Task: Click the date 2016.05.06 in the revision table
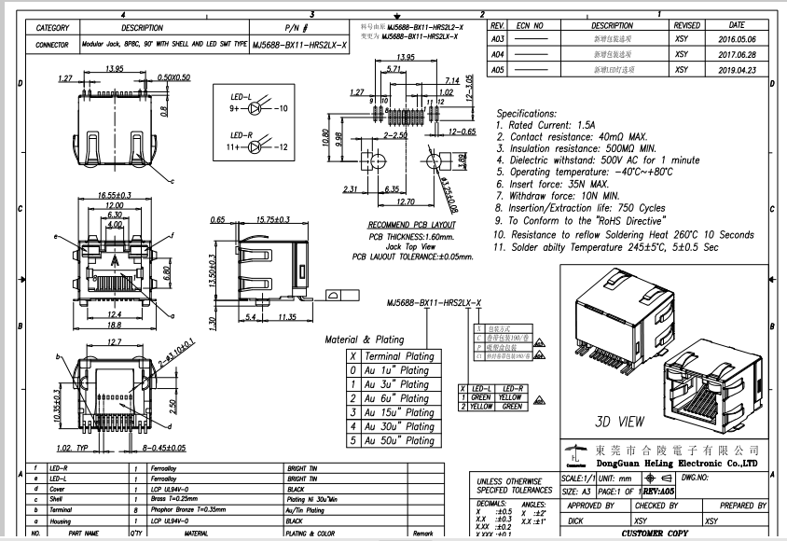click(x=737, y=40)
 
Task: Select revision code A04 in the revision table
click(x=498, y=55)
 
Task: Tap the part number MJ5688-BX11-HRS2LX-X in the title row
click(x=298, y=44)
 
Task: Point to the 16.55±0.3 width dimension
click(x=114, y=194)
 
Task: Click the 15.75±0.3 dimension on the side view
click(x=272, y=220)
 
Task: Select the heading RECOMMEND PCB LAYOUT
click(x=411, y=225)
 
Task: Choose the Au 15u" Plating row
click(x=398, y=412)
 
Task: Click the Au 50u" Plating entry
click(x=398, y=440)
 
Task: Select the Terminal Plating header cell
click(x=399, y=356)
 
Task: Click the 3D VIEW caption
click(x=619, y=421)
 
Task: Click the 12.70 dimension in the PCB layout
click(x=405, y=201)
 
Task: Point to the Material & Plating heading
click(x=364, y=340)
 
